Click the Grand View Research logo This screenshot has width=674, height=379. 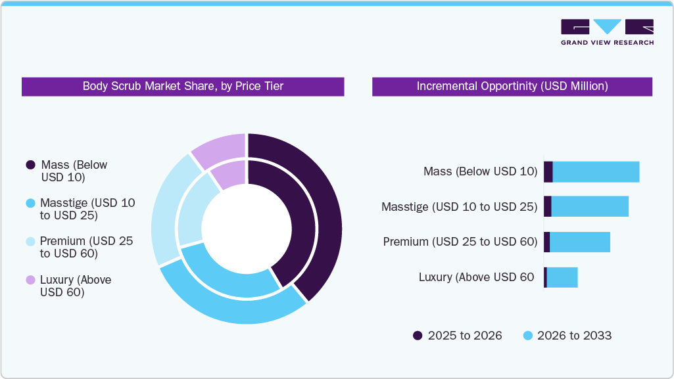click(607, 32)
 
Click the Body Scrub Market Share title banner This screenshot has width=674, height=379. click(183, 86)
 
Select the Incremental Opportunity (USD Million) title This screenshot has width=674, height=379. click(512, 86)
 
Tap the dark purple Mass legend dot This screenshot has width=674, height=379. click(30, 165)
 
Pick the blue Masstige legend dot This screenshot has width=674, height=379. click(30, 204)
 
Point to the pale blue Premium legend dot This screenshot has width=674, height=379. click(30, 242)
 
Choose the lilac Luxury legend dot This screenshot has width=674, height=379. click(30, 280)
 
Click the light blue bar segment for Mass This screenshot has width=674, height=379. click(596, 172)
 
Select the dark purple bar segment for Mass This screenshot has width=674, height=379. click(548, 172)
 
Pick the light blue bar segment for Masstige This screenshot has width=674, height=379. click(590, 206)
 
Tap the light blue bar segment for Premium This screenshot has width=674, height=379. click(580, 242)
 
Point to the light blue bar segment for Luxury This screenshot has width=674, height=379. click(562, 277)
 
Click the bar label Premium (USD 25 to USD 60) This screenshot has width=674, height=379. click(460, 242)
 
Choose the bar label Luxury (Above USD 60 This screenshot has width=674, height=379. click(476, 277)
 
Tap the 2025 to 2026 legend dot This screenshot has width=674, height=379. click(418, 336)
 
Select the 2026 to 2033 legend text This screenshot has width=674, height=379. click(574, 336)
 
